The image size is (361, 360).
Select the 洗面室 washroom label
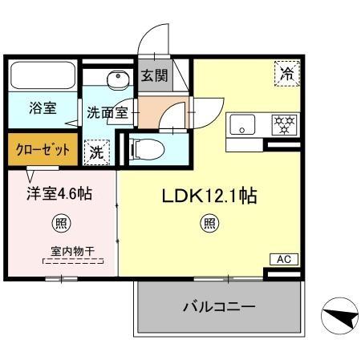103,113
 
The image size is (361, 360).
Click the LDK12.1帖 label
210,196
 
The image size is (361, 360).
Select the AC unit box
282,259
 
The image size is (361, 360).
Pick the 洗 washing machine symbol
96,150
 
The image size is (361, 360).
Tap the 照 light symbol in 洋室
60,222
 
